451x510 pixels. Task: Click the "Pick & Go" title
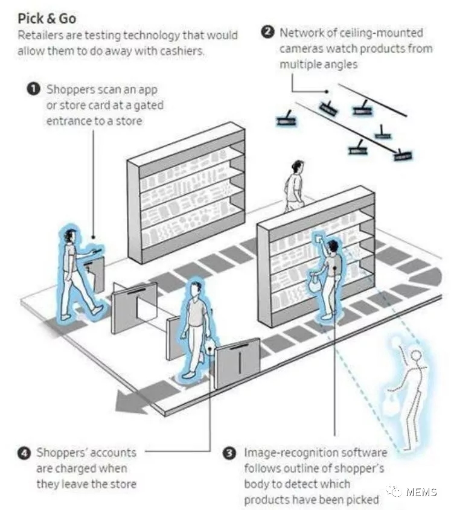pyautogui.click(x=47, y=18)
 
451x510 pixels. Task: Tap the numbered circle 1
pyautogui.click(x=33, y=89)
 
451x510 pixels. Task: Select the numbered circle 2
pyautogui.click(x=268, y=32)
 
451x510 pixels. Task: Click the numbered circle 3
pyautogui.click(x=230, y=453)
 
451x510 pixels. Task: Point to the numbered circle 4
pyautogui.click(x=24, y=453)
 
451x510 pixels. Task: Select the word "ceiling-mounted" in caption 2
pyautogui.click(x=381, y=33)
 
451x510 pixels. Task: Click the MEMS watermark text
pyautogui.click(x=421, y=492)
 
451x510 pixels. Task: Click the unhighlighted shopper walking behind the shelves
pyautogui.click(x=295, y=186)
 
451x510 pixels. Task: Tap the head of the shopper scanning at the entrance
pyautogui.click(x=70, y=235)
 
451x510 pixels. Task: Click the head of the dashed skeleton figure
pyautogui.click(x=416, y=355)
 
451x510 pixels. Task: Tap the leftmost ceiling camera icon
pyautogui.click(x=286, y=120)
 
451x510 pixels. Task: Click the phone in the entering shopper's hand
pyautogui.click(x=97, y=250)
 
